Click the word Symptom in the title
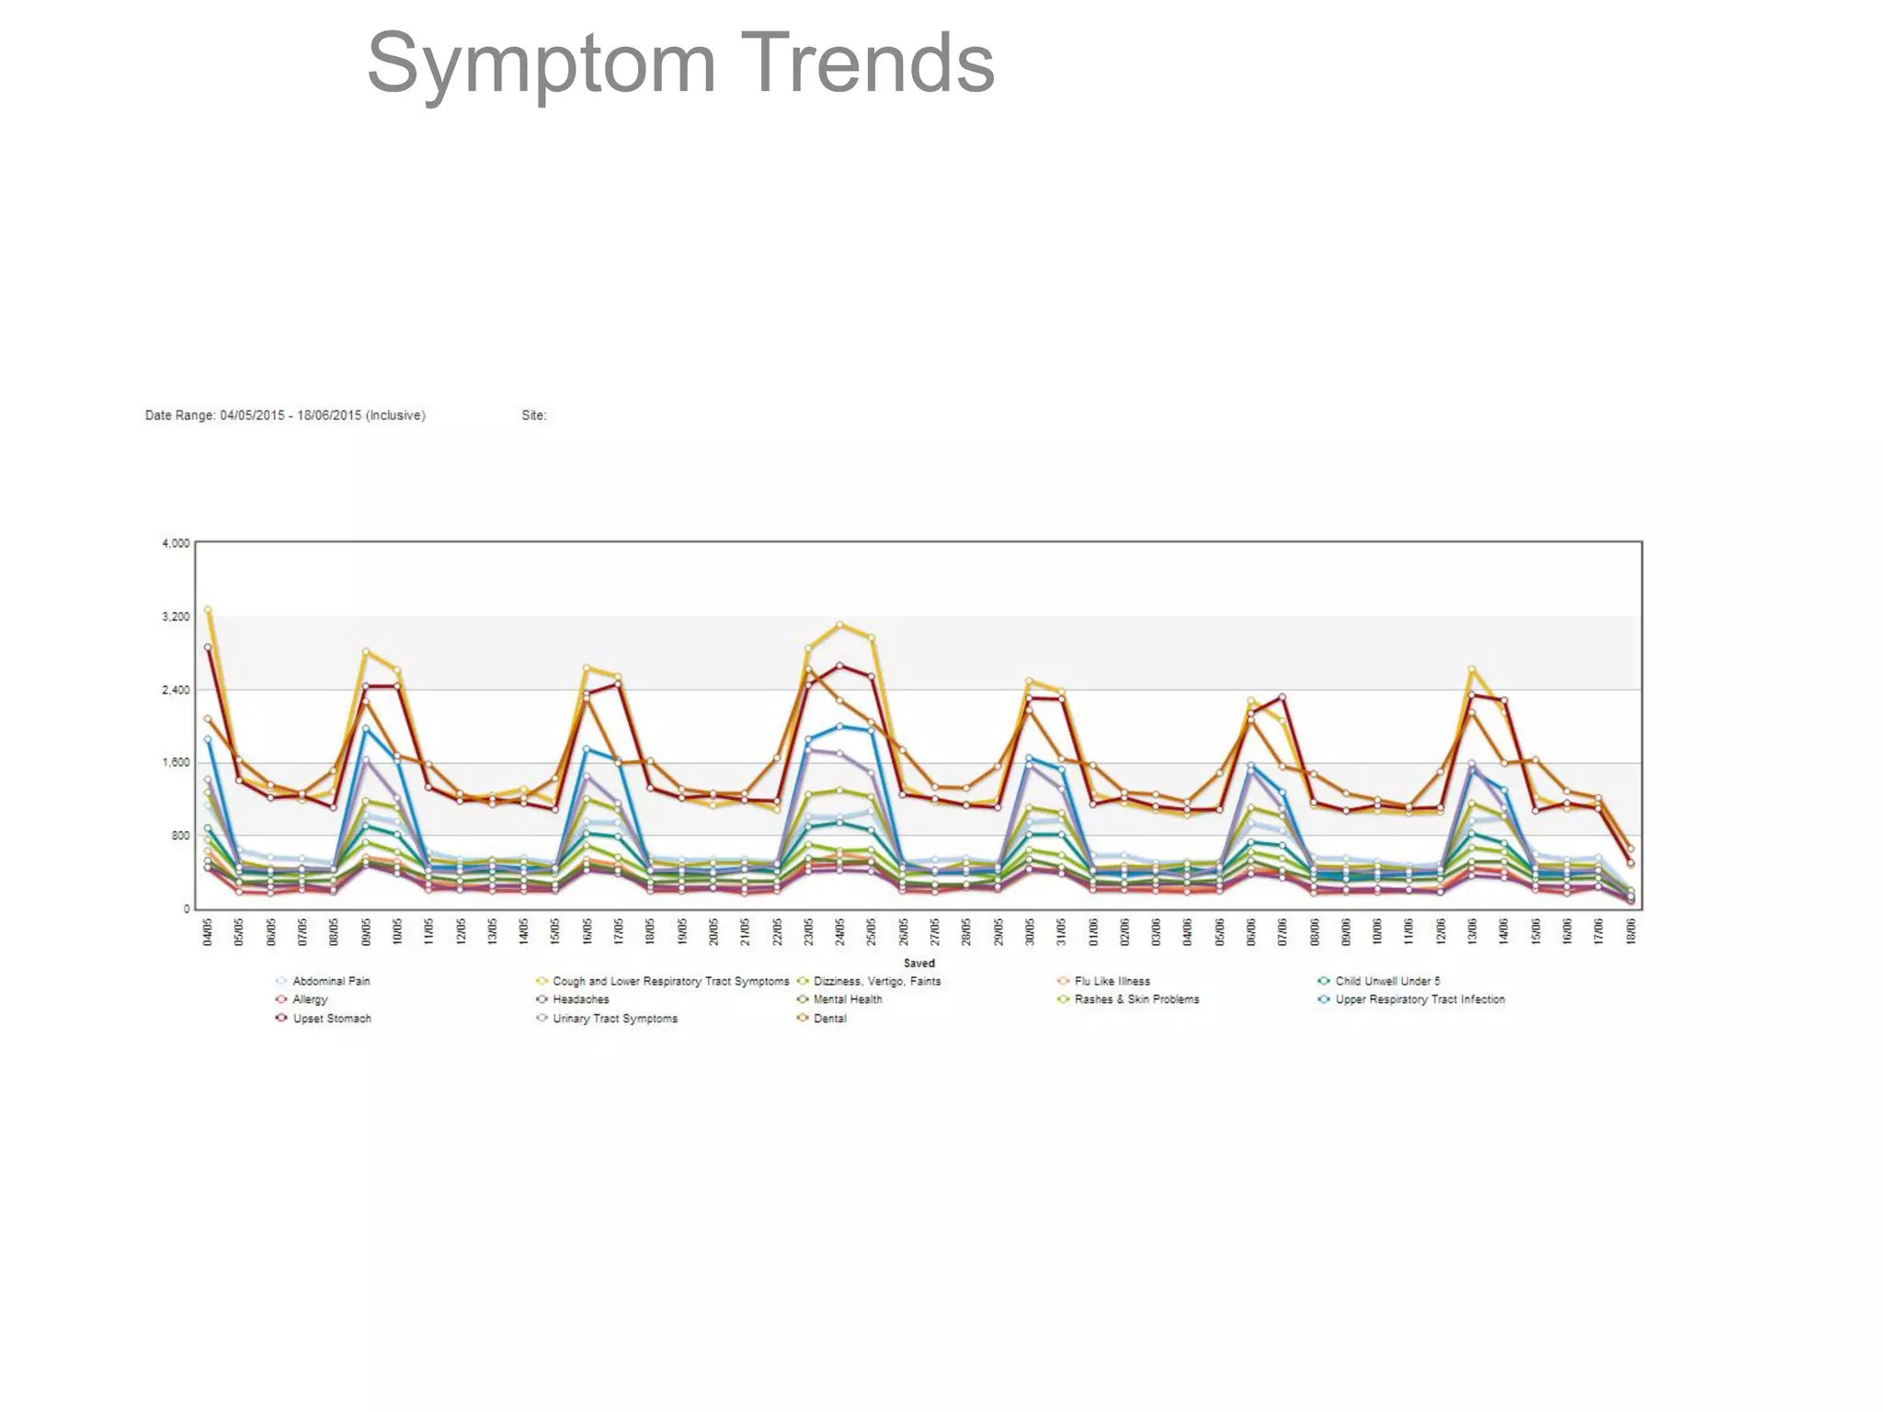coord(541,64)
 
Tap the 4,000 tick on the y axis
coord(176,543)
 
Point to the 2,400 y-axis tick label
coord(176,689)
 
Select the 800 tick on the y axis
coord(179,836)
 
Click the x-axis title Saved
coord(919,963)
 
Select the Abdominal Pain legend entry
coord(331,981)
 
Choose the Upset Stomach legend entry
coord(331,1019)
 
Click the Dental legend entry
coord(829,1019)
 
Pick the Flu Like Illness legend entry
coord(1112,981)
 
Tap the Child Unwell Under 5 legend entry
coord(1387,981)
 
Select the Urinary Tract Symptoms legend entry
coord(614,1019)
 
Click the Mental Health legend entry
coord(847,999)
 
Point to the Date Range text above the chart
coord(285,416)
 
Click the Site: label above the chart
coord(533,416)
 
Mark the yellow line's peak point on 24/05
coord(839,625)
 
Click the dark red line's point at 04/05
coord(209,647)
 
